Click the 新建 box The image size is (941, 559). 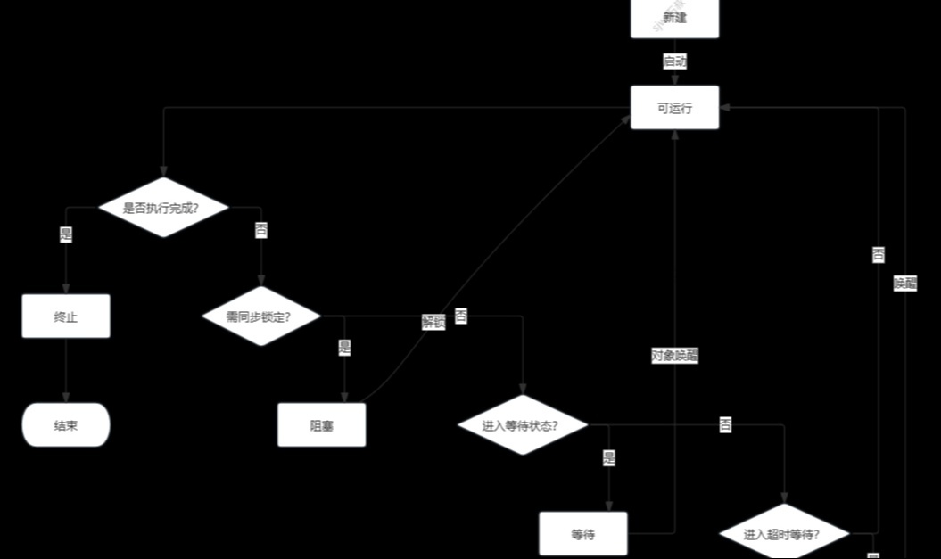coord(674,19)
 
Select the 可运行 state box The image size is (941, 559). coord(674,108)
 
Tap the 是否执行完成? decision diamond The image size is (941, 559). coord(162,208)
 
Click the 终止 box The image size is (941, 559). coord(66,316)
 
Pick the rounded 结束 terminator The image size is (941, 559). coord(66,425)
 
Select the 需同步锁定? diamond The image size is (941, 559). coord(260,316)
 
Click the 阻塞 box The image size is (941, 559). coord(321,425)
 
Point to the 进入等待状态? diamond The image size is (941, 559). coord(523,425)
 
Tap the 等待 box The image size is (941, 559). coord(583,534)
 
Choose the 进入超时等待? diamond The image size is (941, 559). coord(784,534)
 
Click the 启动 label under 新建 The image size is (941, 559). coord(674,62)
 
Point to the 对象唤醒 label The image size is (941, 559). coord(674,356)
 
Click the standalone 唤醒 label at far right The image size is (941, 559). coord(904,284)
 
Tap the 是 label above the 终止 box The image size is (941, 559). coord(66,235)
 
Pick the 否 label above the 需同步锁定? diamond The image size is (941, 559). coord(260,231)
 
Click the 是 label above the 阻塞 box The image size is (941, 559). coord(344,348)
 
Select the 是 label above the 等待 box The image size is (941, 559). coord(608,458)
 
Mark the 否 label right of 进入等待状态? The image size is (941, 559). coord(725,425)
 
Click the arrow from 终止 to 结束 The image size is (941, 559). coord(66,370)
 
